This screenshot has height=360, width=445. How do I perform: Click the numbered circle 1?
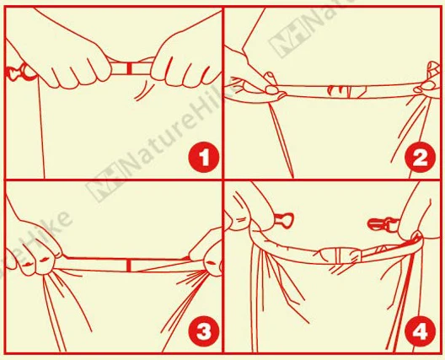click(x=204, y=159)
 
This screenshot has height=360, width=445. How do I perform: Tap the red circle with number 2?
click(x=421, y=159)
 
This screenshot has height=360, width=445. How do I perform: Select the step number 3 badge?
click(x=204, y=331)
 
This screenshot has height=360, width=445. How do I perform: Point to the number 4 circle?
click(x=421, y=331)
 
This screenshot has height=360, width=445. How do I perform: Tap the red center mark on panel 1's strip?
click(x=130, y=68)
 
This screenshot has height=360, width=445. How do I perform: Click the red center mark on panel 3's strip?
click(x=129, y=266)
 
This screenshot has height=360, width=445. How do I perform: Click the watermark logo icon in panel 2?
click(x=289, y=41)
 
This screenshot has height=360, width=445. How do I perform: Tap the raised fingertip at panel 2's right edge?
click(x=433, y=68)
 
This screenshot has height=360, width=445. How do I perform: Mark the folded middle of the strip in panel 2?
click(x=347, y=91)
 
